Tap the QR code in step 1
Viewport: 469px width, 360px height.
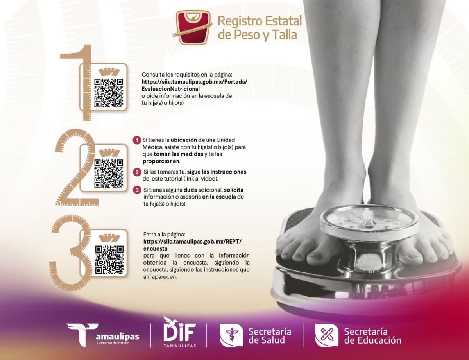(109, 93)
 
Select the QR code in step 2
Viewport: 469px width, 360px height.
(109, 174)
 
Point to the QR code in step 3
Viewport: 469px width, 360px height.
(109, 260)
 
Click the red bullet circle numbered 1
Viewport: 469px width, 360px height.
(137, 140)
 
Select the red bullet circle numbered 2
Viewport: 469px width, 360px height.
(137, 172)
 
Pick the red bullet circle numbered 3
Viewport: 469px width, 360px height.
(137, 190)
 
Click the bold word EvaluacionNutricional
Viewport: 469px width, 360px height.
(170, 89)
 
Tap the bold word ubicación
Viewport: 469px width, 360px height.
(184, 140)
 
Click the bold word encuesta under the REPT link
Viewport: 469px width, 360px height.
(155, 249)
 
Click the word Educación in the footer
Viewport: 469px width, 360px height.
(379, 340)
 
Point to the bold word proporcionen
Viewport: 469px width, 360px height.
(161, 161)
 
